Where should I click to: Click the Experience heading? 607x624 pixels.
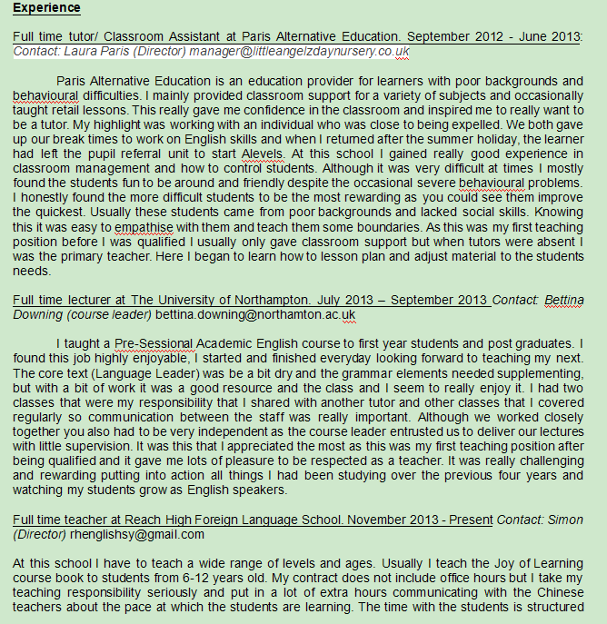46,8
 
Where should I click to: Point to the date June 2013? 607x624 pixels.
550,37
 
